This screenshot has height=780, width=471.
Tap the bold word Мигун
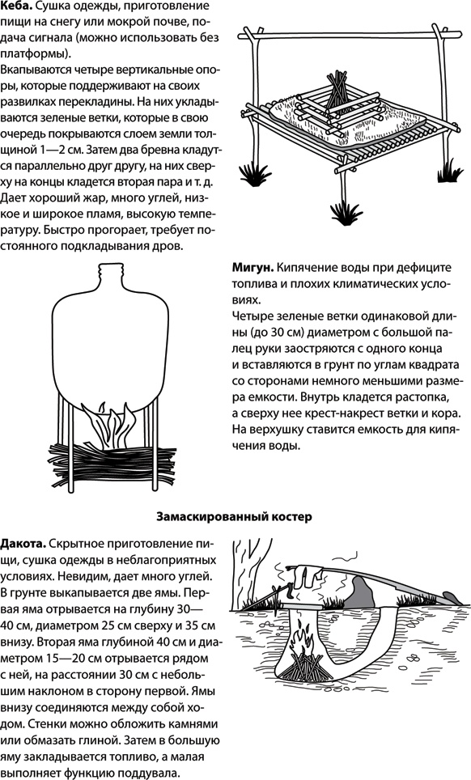[x=252, y=268]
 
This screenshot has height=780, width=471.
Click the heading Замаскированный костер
[x=234, y=515]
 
